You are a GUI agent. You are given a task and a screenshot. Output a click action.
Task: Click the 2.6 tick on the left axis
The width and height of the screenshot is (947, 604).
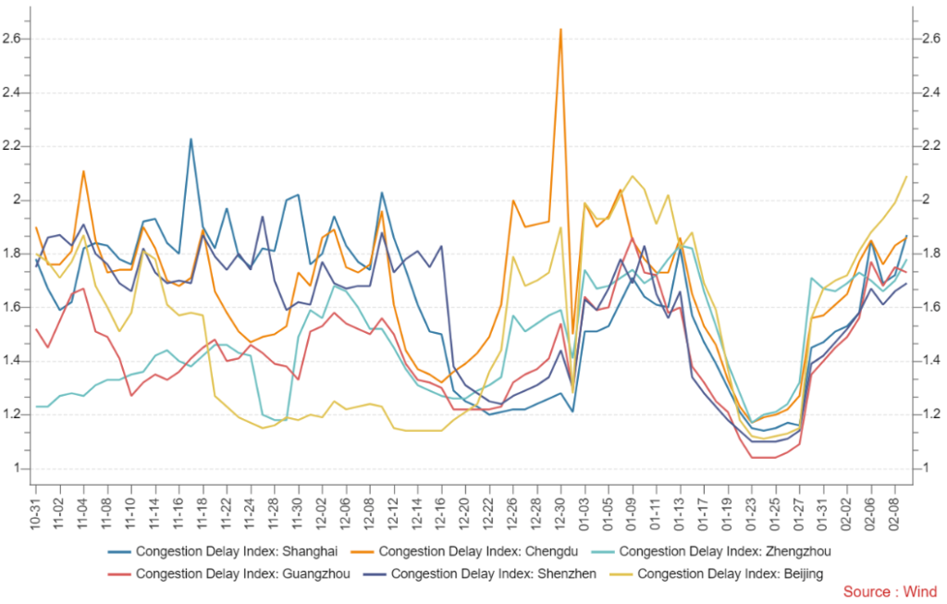click(x=13, y=39)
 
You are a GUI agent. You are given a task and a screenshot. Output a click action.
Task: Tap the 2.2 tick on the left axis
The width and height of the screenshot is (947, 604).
click(x=13, y=146)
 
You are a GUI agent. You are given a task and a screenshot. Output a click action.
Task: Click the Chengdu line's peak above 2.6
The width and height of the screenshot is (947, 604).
click(x=560, y=30)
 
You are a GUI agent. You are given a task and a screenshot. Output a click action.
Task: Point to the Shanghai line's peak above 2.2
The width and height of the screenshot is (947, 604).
click(x=191, y=140)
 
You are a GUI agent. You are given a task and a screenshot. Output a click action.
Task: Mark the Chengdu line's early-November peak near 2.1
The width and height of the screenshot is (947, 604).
click(x=84, y=171)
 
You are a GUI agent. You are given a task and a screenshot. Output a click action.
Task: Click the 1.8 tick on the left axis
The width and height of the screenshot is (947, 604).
click(x=13, y=253)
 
